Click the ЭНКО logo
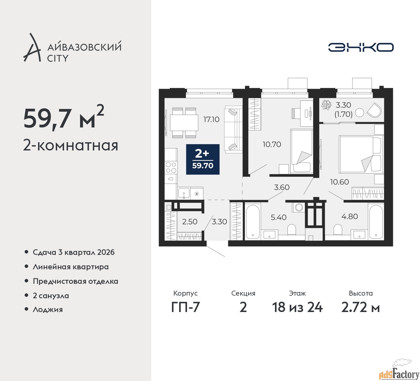361,47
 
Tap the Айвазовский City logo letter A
31,48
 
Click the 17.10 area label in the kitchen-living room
211,120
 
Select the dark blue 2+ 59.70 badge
203,159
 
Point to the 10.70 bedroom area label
272,145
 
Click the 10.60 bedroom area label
339,182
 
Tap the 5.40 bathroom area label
279,217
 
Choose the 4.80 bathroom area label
350,216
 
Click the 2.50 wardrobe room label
190,222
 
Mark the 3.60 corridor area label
282,187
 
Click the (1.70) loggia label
343,114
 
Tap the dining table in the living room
184,123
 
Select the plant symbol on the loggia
326,104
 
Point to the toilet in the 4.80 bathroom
338,230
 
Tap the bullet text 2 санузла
51,296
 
